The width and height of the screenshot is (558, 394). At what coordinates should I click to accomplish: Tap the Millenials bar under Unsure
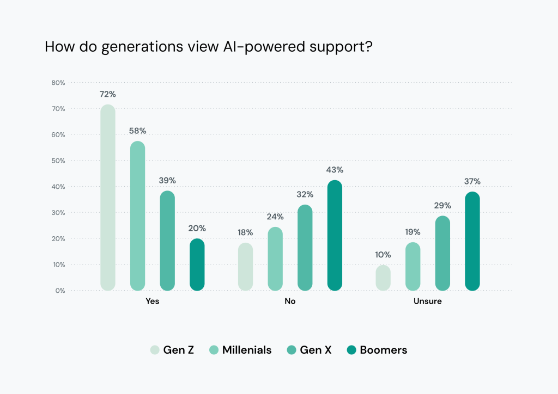pos(413,266)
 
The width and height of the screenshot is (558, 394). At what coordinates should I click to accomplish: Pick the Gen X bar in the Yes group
pos(167,240)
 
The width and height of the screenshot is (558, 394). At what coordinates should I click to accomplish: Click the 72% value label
pos(108,94)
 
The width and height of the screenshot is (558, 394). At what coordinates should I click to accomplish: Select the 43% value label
pos(335,170)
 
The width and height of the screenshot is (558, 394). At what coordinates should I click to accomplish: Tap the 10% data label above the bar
pos(384,255)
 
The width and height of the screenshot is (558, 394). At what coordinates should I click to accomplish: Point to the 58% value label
pos(137,131)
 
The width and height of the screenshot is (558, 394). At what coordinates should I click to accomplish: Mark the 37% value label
pos(472,181)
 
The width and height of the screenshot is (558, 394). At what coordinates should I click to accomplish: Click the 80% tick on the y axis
pos(58,83)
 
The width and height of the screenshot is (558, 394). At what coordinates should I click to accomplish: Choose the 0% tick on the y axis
pos(59,291)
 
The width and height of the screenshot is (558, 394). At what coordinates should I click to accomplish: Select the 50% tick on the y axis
pos(58,161)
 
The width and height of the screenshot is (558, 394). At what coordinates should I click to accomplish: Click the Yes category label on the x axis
pos(153,301)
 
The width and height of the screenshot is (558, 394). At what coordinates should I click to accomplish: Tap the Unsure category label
pos(428,301)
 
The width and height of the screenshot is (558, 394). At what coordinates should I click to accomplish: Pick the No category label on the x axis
pos(290,301)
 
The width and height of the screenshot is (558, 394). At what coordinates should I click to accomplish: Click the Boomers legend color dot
pos(351,350)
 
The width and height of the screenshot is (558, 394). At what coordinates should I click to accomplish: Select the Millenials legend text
pos(246,350)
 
